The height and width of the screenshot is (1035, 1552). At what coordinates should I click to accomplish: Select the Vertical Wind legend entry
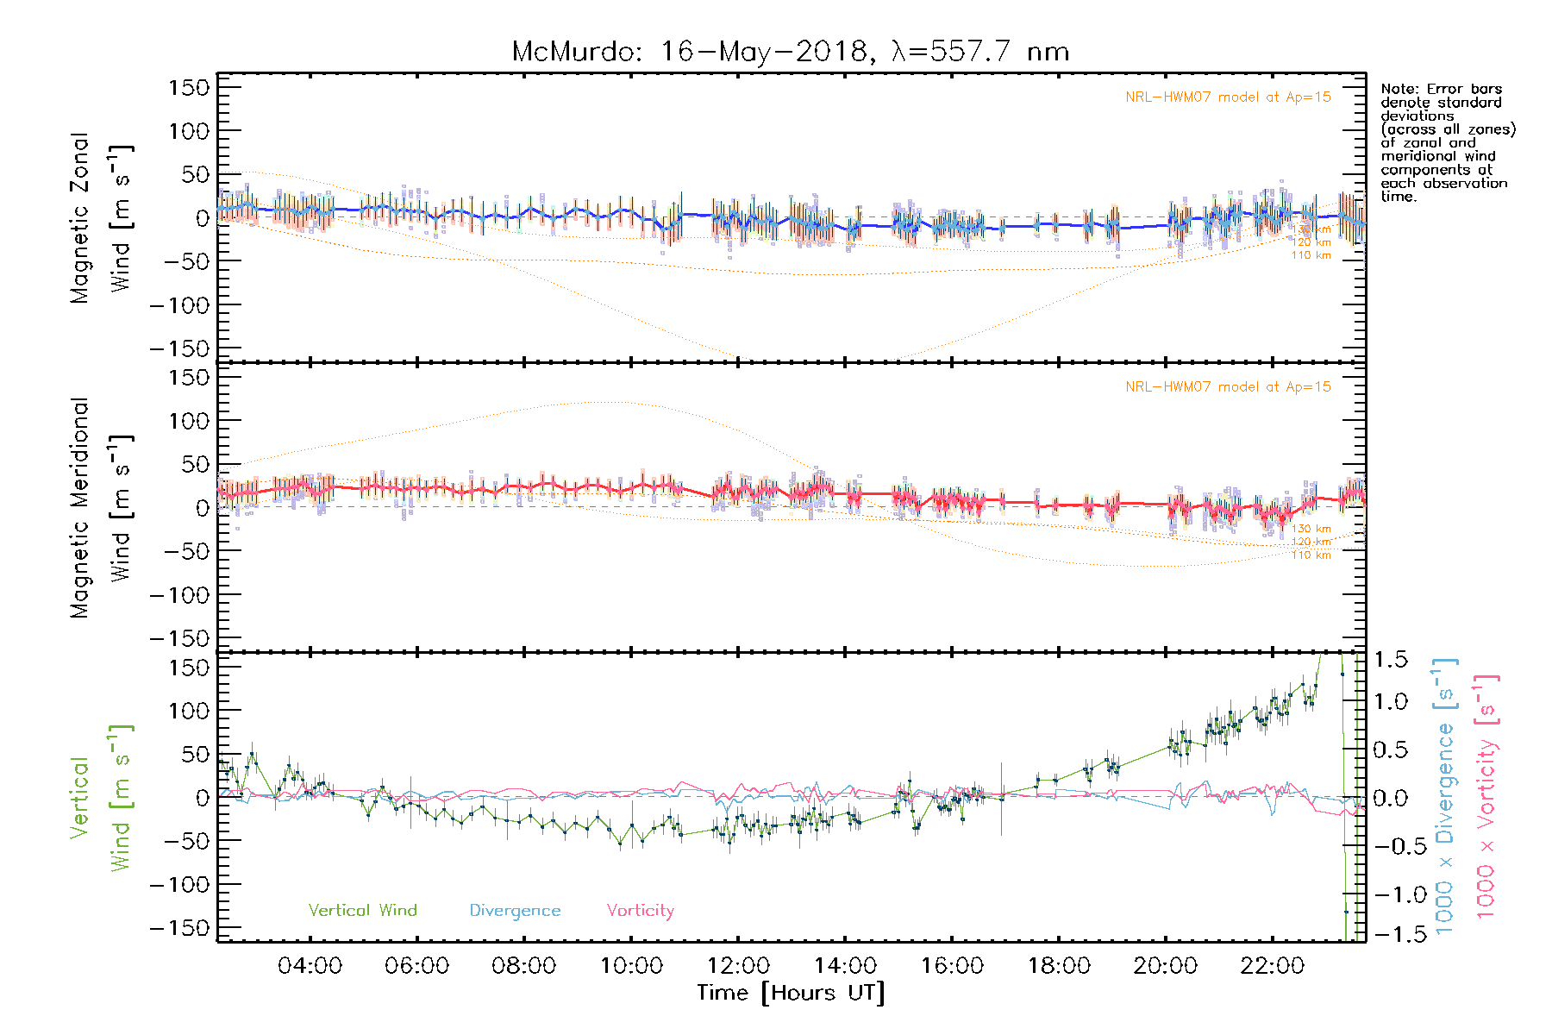click(362, 910)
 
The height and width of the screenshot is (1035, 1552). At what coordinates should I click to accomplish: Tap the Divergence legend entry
click(515, 910)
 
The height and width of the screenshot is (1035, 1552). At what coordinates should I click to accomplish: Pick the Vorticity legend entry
click(640, 910)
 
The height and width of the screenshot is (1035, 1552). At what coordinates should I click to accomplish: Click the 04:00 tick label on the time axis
click(310, 966)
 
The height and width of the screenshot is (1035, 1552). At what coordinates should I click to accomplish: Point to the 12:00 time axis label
click(738, 966)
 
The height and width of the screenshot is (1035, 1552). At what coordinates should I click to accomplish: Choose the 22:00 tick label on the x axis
click(1273, 966)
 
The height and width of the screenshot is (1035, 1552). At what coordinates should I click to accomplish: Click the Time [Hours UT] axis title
click(791, 993)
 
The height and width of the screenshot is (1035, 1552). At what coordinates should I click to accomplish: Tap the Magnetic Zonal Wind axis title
click(101, 217)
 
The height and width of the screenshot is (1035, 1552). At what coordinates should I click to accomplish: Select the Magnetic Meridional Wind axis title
click(101, 507)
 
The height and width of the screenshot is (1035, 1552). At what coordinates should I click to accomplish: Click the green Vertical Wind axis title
click(101, 798)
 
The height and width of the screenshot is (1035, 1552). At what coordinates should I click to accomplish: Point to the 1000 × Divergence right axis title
click(1445, 797)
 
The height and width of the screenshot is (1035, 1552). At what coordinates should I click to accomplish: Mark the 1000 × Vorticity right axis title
click(1486, 797)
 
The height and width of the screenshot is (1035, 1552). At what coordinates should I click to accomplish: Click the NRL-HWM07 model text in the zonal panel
click(1228, 97)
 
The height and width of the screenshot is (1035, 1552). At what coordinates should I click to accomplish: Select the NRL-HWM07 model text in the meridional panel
click(1228, 387)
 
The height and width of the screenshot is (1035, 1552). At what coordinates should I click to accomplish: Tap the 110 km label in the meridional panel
click(1311, 555)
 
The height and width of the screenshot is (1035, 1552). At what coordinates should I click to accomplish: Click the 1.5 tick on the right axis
click(1391, 660)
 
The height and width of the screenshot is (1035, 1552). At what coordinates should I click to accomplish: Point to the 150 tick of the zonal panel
click(189, 87)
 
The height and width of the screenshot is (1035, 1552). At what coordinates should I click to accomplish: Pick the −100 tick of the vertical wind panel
click(179, 884)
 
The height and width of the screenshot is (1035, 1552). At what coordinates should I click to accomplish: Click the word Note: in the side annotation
click(1400, 89)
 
